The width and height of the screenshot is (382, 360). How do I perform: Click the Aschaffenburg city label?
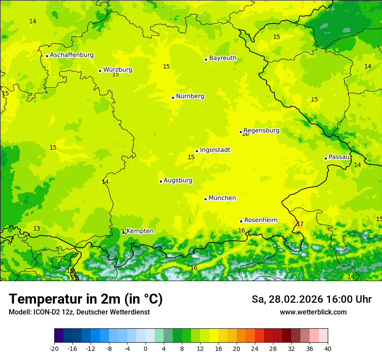tap(72, 55)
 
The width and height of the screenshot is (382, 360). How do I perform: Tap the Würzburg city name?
tap(118, 70)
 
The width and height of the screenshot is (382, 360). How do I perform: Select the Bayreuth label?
tap(223, 58)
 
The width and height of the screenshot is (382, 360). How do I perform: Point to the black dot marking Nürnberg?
tap(173, 98)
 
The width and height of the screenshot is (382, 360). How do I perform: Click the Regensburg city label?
tap(261, 131)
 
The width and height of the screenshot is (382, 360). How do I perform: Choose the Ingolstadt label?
tap(215, 150)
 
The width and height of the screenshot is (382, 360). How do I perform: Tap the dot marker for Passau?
tap(326, 158)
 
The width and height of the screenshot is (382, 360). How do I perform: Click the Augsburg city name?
tap(178, 180)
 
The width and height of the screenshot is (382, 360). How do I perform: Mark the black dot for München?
tap(205, 199)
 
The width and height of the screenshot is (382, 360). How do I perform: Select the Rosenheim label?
tap(260, 220)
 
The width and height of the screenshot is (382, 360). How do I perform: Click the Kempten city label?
tap(140, 231)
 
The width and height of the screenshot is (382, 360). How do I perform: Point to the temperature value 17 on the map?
tap(300, 224)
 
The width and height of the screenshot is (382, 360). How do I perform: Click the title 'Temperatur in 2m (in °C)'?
tap(86, 299)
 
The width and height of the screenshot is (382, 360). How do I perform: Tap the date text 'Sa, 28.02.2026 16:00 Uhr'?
tap(311, 299)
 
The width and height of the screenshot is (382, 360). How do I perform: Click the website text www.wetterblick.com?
tap(313, 312)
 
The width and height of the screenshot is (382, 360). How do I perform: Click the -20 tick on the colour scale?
tap(54, 349)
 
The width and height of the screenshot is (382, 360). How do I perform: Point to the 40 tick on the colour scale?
tap(328, 349)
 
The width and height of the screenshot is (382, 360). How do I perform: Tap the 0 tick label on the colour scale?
tap(145, 349)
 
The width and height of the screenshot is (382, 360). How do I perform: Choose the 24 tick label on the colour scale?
tap(255, 349)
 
